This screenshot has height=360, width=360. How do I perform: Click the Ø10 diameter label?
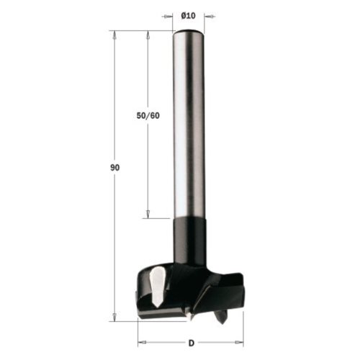click(x=189, y=16)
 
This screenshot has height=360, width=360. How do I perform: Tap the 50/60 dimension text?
click(x=148, y=116)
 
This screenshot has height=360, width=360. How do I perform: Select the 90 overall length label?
click(x=114, y=168)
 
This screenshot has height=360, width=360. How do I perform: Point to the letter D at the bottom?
click(x=192, y=343)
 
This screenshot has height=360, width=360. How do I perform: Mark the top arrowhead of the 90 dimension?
click(x=114, y=35)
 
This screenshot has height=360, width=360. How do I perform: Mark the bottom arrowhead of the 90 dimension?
click(x=114, y=316)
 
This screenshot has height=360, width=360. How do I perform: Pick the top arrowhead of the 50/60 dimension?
click(x=148, y=35)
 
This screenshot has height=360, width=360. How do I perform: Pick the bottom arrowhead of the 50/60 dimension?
click(x=148, y=214)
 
